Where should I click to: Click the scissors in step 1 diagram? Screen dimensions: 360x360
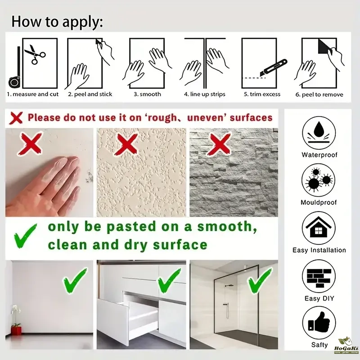click(x=35, y=54)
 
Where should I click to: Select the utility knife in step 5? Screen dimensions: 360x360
click(x=274, y=68)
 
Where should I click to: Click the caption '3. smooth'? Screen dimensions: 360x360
click(x=148, y=94)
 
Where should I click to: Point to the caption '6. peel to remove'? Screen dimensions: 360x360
click(x=319, y=94)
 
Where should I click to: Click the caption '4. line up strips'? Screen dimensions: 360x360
click(x=205, y=94)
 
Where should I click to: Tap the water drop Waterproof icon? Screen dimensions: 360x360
click(x=319, y=133)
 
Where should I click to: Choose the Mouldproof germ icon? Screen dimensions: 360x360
click(x=318, y=180)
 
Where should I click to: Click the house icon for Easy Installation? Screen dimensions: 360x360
click(x=319, y=228)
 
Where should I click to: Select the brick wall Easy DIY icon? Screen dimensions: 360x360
click(x=319, y=276)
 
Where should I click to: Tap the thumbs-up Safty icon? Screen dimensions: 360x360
click(x=319, y=323)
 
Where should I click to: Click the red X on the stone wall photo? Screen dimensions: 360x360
click(x=219, y=144)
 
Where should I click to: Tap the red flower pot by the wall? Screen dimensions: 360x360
click(x=16, y=331)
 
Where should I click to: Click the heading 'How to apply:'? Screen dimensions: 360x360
click(x=57, y=22)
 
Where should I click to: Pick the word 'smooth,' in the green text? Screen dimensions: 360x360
click(x=227, y=227)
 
